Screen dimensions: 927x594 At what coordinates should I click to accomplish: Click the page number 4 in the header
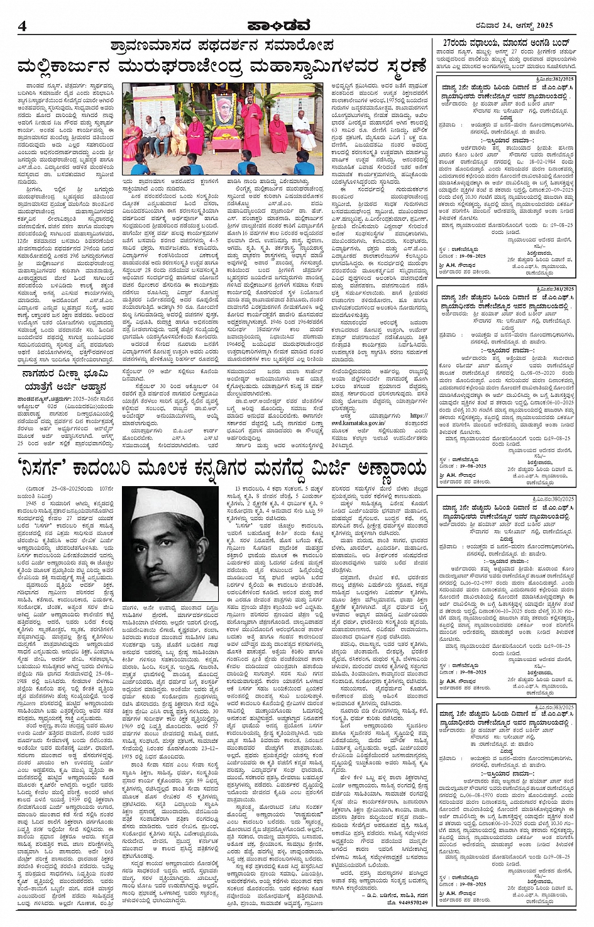pos(23,25)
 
